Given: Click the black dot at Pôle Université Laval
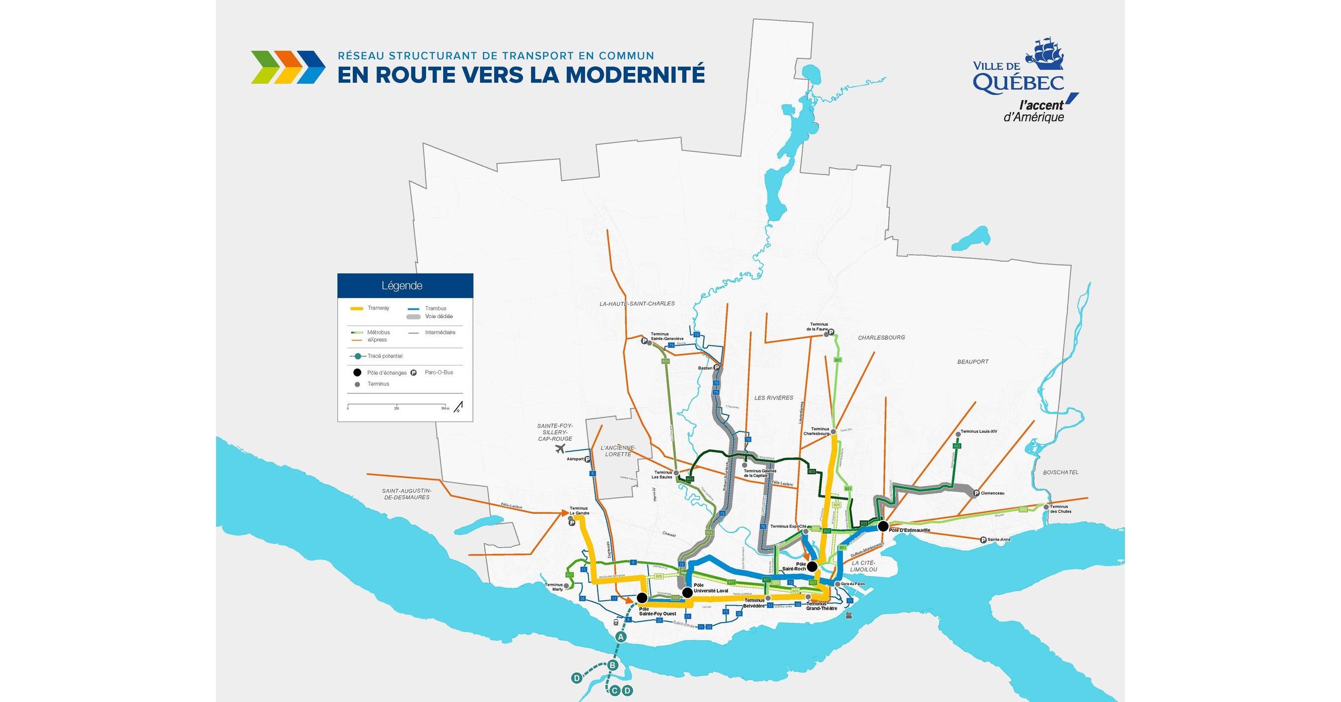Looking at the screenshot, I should click(687, 592).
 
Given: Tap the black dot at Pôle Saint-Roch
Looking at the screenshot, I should click(812, 566).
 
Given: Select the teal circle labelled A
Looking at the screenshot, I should click(620, 636).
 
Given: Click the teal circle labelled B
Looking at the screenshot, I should click(613, 665).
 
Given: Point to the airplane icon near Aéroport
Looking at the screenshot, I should click(560, 449).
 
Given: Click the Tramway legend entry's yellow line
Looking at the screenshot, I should click(357, 309).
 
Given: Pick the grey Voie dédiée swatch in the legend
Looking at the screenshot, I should click(413, 316).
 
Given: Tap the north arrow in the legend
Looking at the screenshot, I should click(459, 407).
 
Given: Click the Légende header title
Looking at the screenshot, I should click(402, 285).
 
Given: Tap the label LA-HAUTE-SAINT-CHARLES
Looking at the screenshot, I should click(637, 304).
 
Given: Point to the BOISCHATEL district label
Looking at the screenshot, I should click(1061, 473).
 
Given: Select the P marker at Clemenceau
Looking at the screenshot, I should click(976, 493).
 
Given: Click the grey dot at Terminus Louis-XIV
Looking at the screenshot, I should click(958, 434).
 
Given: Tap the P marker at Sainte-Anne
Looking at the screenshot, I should click(983, 540).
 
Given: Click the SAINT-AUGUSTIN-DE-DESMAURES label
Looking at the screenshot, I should click(407, 494).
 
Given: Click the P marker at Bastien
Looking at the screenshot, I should click(717, 368).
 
